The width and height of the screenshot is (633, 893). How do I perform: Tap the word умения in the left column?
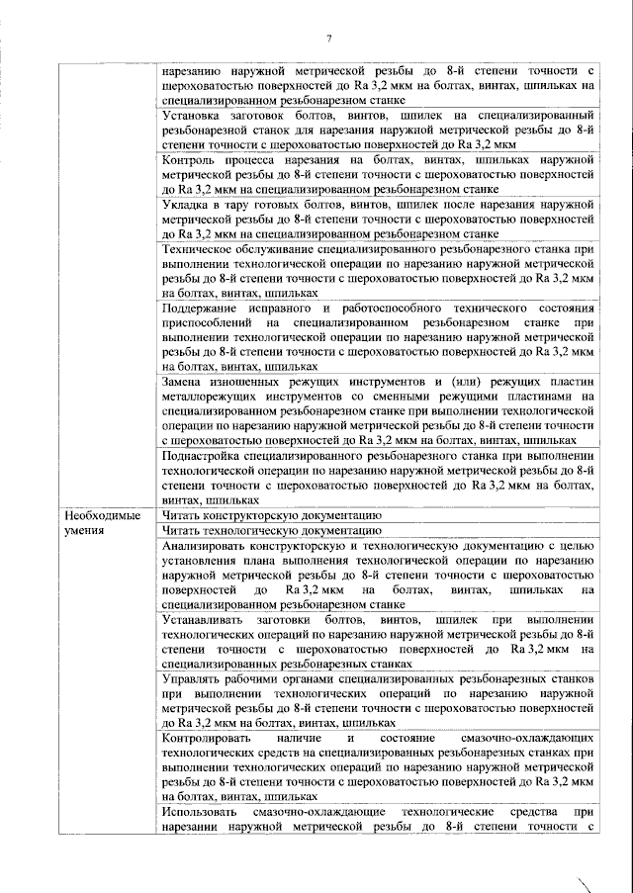(84, 531)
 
